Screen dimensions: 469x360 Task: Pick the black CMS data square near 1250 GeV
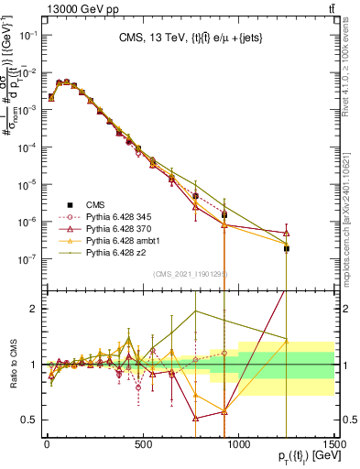click(287, 248)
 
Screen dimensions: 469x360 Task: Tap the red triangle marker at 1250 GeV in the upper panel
click(287, 232)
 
